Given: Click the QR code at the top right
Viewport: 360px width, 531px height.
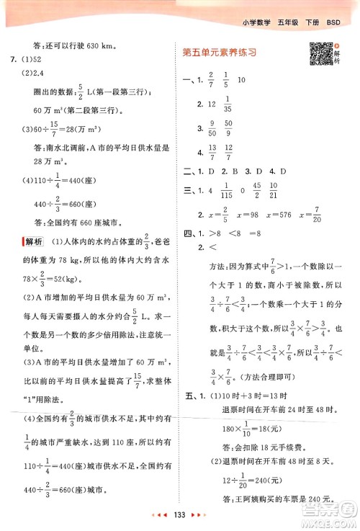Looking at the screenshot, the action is [x=322, y=54].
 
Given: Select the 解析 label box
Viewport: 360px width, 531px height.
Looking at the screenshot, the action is [x=34, y=241].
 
